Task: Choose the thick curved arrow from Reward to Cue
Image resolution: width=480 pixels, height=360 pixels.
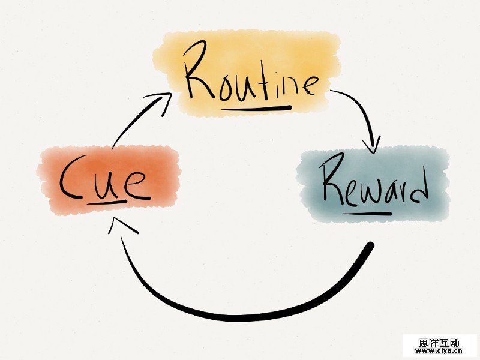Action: (x=240, y=312)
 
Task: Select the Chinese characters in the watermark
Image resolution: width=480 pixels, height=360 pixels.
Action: (x=440, y=342)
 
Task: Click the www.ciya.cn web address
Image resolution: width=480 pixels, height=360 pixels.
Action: (x=440, y=351)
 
